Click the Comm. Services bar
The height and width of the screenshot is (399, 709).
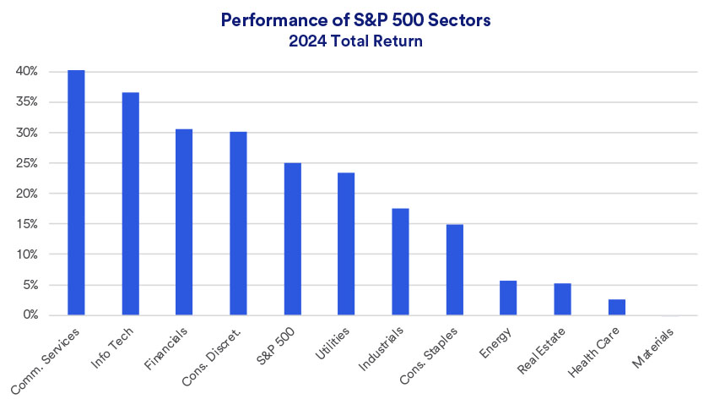[x=76, y=193]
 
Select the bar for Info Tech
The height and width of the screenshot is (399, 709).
[x=130, y=204]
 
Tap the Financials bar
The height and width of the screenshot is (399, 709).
[x=184, y=222]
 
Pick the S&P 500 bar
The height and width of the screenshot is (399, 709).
[x=292, y=239]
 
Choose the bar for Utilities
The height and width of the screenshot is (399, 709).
[x=346, y=244]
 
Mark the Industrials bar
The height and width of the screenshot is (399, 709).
[x=400, y=262]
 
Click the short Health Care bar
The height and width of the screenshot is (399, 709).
[x=616, y=308]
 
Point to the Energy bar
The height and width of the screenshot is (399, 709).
[x=508, y=298]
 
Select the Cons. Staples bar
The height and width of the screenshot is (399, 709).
[x=454, y=270]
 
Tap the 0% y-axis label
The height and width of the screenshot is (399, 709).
[x=30, y=315]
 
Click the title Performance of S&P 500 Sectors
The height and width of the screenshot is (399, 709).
[x=354, y=20]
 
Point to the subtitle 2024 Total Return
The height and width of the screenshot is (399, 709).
[x=354, y=40]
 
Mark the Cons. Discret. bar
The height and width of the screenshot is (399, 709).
[x=238, y=224]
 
